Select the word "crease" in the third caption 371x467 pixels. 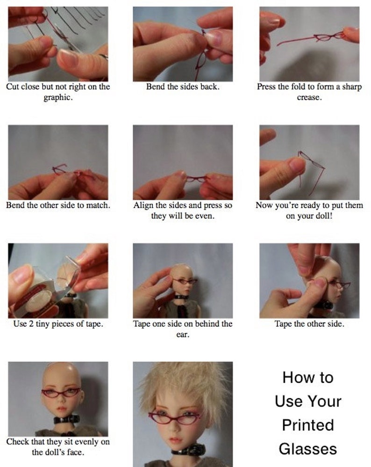tap(308, 97)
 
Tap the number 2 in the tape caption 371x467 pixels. tap(31, 324)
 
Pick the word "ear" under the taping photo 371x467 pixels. tap(182, 335)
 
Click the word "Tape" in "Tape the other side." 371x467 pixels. tap(283, 324)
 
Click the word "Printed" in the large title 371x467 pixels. tap(308, 425)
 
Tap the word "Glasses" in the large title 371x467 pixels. tap(308, 449)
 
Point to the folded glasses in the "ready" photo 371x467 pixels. tap(311, 167)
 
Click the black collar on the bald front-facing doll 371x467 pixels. tap(67, 420)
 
